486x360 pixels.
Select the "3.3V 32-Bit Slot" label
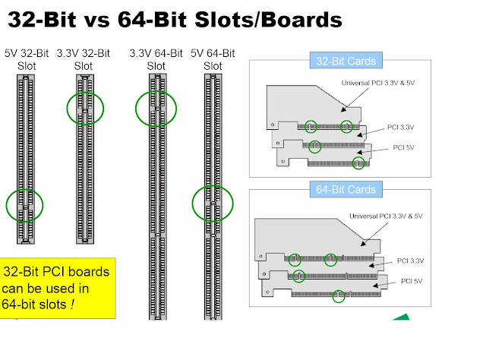point(84,59)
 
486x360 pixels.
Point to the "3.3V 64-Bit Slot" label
point(156,59)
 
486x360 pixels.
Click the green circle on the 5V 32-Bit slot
point(24,205)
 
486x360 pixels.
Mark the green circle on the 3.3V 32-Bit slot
point(84,109)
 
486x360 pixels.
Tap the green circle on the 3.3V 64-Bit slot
point(156,109)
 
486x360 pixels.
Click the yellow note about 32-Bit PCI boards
point(58,288)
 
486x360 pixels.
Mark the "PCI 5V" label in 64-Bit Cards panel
point(412,281)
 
